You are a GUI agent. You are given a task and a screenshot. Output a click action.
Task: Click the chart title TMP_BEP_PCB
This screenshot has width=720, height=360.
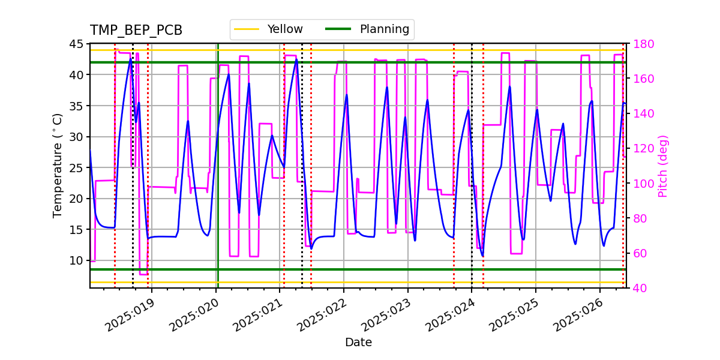point(136,31)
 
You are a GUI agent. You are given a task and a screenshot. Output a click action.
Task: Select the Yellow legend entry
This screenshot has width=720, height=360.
point(285,29)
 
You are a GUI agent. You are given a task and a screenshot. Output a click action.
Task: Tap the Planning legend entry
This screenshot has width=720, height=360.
point(384,29)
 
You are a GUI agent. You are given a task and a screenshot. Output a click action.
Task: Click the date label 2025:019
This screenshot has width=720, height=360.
point(130,315)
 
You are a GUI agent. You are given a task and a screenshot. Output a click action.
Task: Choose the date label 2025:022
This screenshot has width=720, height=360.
point(322,315)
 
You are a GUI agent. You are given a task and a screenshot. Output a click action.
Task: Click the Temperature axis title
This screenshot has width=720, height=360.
point(58,165)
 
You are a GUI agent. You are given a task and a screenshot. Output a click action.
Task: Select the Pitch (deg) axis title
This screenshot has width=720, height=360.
point(662,166)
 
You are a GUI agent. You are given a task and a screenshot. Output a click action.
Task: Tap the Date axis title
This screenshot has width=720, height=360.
point(358,343)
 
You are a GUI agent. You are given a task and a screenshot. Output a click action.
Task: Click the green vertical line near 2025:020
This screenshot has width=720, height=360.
point(218,180)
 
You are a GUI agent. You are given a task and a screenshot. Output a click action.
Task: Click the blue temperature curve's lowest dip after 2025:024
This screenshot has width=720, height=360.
point(482,256)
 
